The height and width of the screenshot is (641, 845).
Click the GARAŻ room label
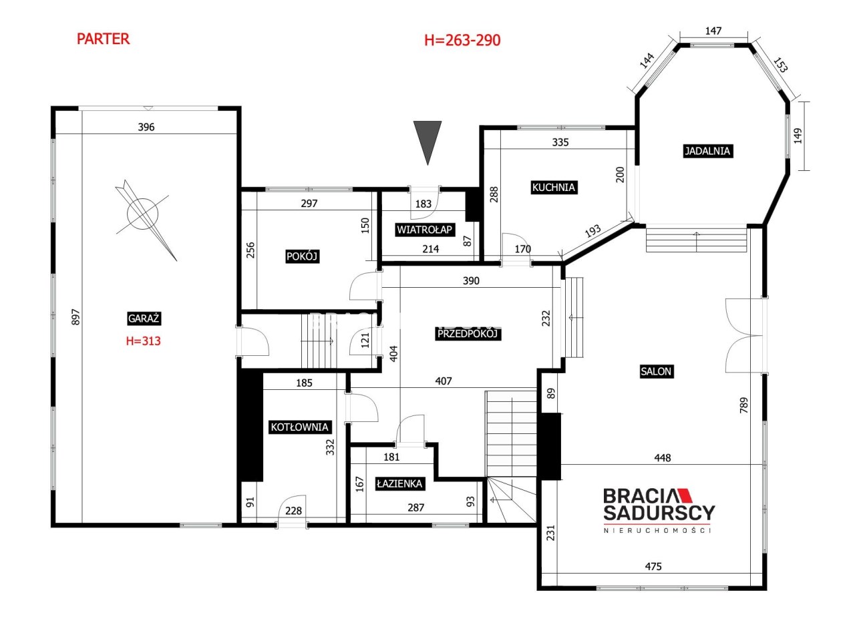[x=143, y=318]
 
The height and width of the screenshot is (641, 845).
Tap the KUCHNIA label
[x=553, y=188]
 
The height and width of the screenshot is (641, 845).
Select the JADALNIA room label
[x=707, y=151]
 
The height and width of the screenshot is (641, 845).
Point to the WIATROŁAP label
[x=424, y=230]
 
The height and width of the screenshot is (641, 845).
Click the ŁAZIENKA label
[x=399, y=483]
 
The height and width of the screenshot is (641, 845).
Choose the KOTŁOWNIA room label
[x=299, y=427]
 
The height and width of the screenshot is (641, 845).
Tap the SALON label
[x=655, y=371]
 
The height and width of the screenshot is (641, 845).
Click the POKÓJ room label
[x=302, y=256]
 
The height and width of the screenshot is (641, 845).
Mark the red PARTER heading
[x=103, y=39]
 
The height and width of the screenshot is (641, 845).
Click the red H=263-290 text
[x=462, y=40]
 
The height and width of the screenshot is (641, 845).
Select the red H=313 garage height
[x=143, y=341]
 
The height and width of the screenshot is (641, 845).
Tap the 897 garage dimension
[x=76, y=316]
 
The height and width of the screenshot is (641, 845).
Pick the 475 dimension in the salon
[x=653, y=566]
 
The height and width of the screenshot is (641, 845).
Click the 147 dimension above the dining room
[x=713, y=31]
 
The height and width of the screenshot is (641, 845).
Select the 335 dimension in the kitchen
[x=560, y=142]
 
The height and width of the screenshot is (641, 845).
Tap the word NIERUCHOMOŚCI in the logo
[x=657, y=531]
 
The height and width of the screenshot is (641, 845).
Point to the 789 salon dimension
[x=743, y=405]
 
